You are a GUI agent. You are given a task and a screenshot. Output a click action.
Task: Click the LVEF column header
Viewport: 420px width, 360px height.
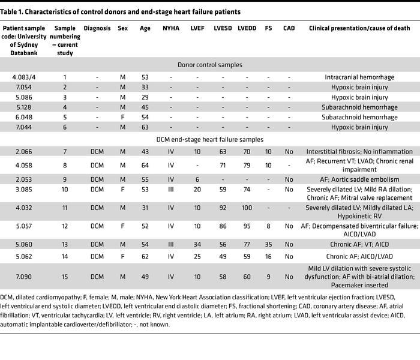(197, 28)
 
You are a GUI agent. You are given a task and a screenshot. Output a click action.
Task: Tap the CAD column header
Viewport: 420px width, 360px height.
(289, 28)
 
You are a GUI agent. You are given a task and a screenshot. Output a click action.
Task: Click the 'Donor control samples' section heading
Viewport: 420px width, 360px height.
(210, 64)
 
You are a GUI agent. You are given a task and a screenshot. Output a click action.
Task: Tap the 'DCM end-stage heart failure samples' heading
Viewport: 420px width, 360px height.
(210, 139)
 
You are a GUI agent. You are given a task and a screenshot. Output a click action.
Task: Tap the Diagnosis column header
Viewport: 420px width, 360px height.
(97, 28)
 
